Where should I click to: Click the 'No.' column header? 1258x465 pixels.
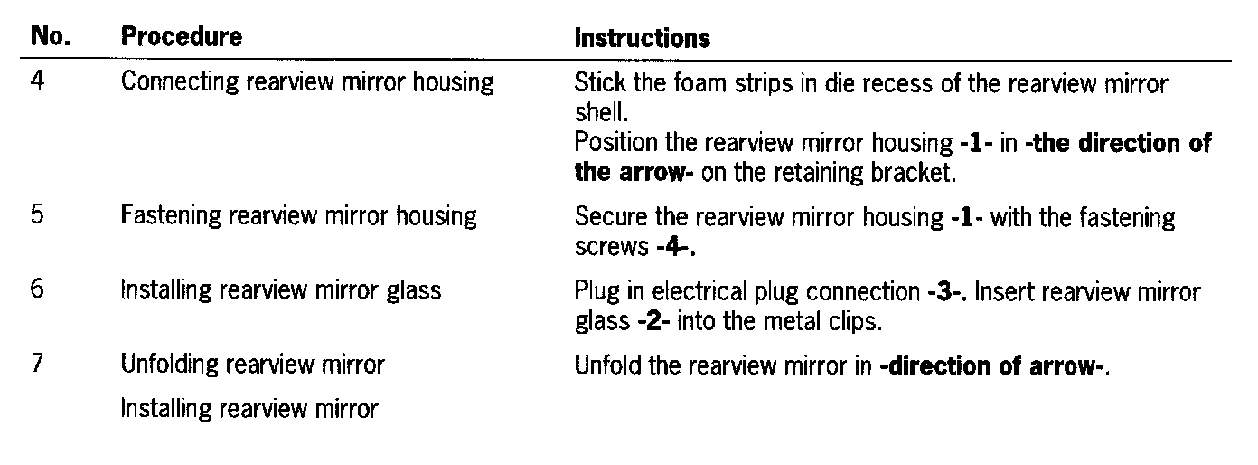point(51,37)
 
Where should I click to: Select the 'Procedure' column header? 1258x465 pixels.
point(182,37)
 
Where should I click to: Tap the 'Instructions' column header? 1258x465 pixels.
point(643,39)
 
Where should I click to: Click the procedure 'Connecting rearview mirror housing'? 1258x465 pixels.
point(307,83)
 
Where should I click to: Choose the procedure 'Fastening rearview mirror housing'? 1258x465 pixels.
point(298,217)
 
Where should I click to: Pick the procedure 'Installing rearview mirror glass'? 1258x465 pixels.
point(281,291)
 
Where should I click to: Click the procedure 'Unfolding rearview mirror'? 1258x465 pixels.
point(253,365)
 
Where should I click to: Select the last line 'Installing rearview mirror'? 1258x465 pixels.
point(249,410)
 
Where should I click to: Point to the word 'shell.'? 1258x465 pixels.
point(595,113)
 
